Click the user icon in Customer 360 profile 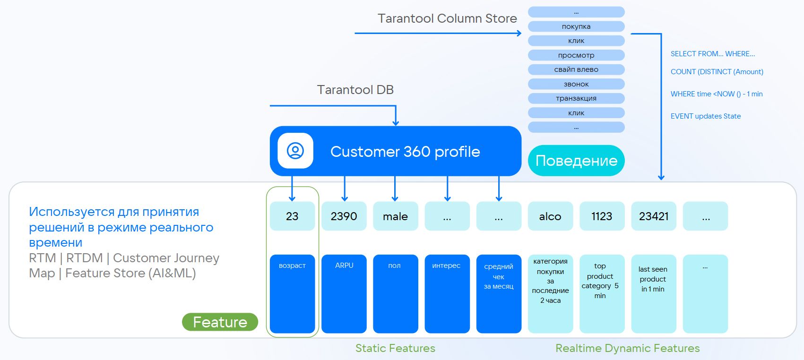[295, 151]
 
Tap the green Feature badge [220, 322]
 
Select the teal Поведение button [576, 161]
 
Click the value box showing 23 [292, 216]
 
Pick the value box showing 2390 [344, 216]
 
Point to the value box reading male [396, 216]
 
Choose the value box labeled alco [550, 216]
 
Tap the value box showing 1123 [602, 216]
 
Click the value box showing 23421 [654, 216]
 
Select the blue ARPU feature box [344, 294]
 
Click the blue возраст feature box [292, 294]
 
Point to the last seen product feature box [654, 294]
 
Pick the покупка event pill [576, 26]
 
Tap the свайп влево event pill [576, 69]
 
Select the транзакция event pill [576, 98]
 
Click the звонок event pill [576, 84]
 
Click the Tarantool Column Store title [447, 18]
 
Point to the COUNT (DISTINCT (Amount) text [717, 72]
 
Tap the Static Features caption [395, 348]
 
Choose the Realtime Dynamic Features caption [627, 348]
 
